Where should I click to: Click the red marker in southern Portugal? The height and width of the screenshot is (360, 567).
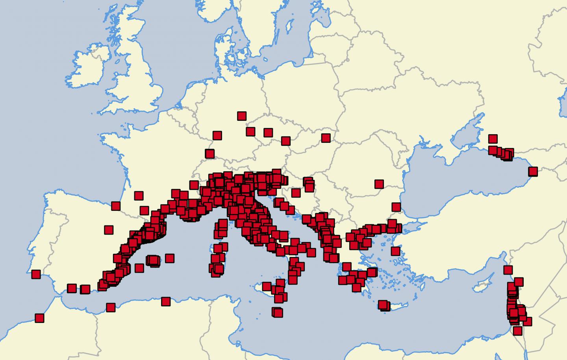36,274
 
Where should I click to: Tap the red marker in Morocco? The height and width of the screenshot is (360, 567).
39,318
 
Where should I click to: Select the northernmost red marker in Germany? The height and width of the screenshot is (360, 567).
242,116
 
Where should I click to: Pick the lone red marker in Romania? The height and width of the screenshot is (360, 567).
379,184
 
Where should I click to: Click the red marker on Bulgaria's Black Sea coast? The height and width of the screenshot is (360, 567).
396,207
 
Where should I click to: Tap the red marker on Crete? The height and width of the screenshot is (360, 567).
383,305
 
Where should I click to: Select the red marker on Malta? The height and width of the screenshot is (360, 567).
278,312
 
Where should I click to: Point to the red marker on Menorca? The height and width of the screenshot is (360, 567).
170,258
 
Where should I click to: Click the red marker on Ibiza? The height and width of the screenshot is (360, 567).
139,268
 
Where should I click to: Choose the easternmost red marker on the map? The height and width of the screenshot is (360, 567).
533,171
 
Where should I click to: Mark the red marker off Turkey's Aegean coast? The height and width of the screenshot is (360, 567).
396,251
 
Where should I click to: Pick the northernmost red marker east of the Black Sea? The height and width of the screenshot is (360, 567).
493,138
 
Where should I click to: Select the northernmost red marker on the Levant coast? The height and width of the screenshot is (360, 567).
508,270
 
